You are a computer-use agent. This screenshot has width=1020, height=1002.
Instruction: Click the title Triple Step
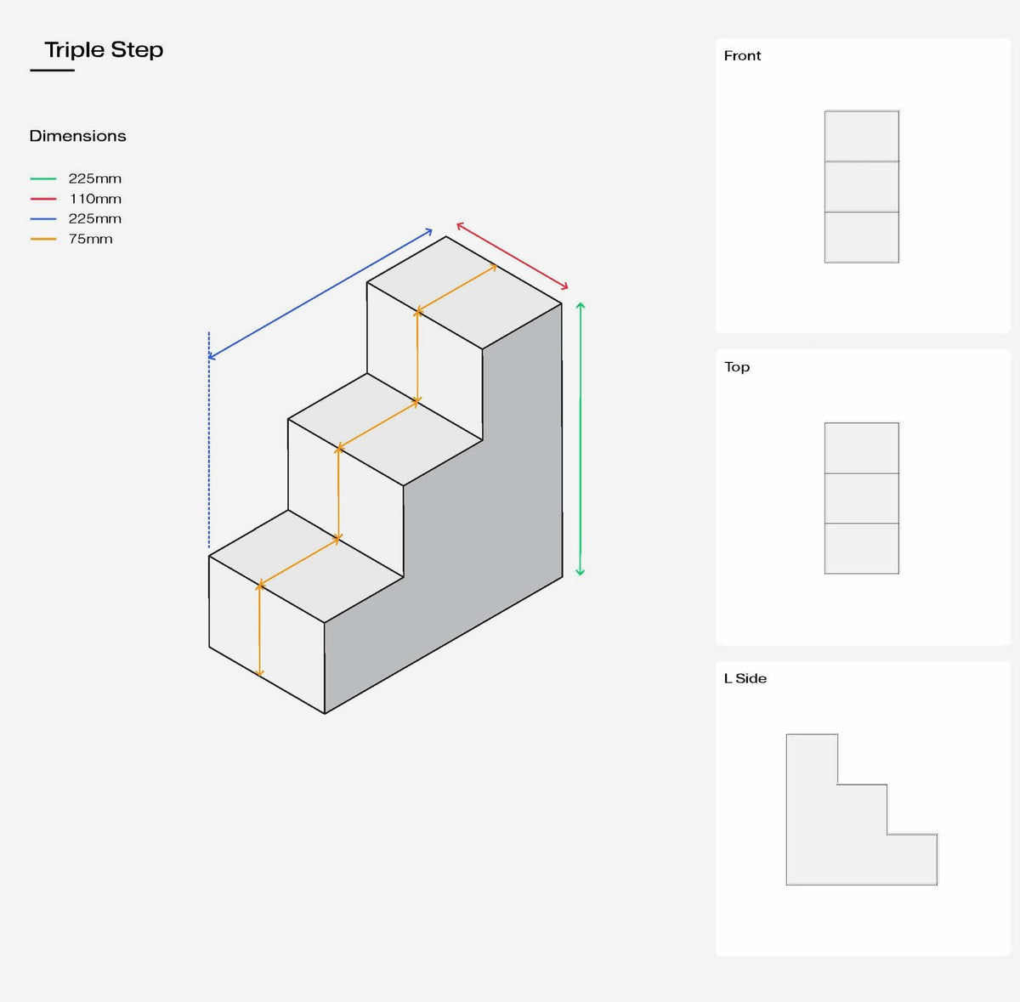104,50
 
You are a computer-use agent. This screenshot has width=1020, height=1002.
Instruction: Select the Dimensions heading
77,136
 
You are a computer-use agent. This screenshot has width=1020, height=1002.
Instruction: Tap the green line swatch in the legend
43,178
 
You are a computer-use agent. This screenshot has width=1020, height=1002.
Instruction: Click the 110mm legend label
95,199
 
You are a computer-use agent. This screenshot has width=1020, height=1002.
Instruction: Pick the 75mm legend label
90,239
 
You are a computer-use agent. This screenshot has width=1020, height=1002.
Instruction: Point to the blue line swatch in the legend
43,218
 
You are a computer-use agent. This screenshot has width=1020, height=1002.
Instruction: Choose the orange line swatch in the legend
43,239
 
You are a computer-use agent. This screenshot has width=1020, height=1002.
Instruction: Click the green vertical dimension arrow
581,439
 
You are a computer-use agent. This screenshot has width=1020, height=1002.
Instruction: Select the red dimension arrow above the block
512,256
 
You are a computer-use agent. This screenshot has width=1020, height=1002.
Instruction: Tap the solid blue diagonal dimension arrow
320,293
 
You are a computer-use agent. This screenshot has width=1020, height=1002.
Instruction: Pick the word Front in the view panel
742,56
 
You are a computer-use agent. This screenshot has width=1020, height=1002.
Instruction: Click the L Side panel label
745,678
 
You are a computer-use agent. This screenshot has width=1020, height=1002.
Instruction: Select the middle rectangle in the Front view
861,186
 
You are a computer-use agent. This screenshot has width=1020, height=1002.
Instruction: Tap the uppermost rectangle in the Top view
861,448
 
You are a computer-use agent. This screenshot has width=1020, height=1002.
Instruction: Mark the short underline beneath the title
52,71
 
